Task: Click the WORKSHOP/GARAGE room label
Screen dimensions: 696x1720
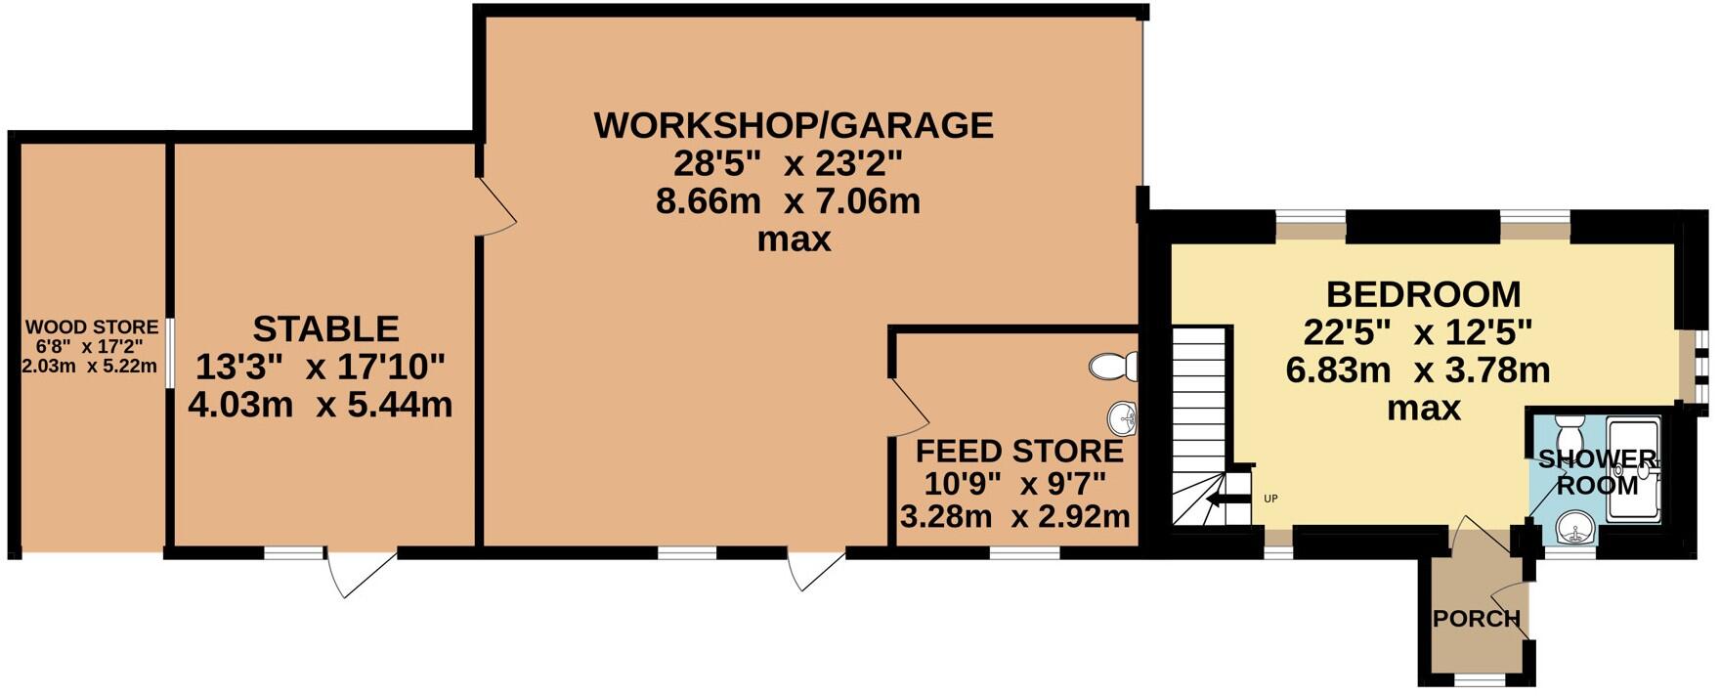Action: (793, 125)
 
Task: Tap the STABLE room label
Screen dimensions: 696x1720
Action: (325, 328)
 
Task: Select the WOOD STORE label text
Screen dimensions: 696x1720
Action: (91, 326)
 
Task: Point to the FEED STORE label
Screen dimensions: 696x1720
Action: (1018, 452)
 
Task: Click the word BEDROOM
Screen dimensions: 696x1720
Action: (1422, 293)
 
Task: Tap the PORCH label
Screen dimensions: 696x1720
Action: (1476, 619)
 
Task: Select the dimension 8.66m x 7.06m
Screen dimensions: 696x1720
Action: (788, 202)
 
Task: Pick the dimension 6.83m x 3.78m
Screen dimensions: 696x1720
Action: (1417, 371)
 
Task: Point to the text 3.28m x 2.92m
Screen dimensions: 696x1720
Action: (1014, 517)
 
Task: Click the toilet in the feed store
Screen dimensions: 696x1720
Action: (1113, 367)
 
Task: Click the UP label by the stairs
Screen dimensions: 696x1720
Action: (1270, 499)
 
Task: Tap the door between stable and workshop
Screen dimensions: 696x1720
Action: (496, 206)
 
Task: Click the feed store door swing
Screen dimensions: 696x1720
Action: (909, 409)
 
